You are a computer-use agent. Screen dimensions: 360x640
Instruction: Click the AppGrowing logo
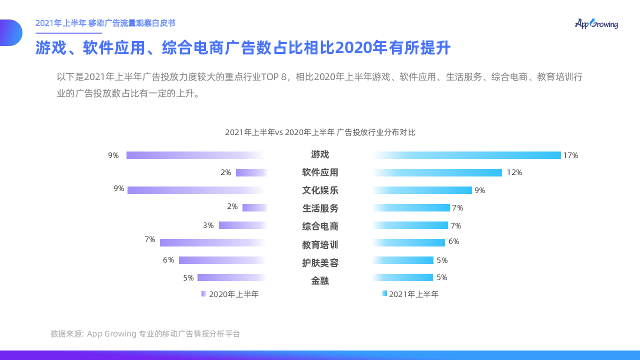[x=596, y=23]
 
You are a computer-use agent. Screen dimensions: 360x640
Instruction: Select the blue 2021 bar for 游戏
[x=466, y=155]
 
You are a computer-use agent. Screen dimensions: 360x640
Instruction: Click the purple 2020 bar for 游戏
[x=196, y=155]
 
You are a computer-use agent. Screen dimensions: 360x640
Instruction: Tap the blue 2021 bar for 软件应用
[x=436, y=172]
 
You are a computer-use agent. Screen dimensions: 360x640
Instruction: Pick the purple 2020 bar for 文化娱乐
[x=197, y=190]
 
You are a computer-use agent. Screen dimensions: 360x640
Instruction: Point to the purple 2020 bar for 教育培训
[x=213, y=242]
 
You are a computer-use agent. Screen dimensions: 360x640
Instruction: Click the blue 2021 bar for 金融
[x=402, y=277]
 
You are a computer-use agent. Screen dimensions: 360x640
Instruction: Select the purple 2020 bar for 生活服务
[x=255, y=207]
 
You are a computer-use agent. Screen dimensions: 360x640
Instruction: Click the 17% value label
[x=570, y=155]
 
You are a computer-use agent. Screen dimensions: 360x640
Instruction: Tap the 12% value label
[x=514, y=172]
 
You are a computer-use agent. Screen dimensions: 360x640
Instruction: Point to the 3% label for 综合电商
[x=208, y=225]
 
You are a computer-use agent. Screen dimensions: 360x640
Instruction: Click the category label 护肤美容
[x=320, y=262]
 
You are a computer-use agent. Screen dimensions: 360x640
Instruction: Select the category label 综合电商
[x=320, y=226]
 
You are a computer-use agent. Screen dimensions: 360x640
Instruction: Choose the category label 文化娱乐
[x=320, y=190]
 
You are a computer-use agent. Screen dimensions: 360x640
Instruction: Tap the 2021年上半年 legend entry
[x=410, y=294]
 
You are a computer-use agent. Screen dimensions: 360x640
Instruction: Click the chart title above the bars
[x=320, y=132]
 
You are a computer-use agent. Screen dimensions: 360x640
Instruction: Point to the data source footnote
[x=145, y=333]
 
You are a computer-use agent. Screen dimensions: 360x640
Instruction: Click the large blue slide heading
[x=243, y=48]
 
